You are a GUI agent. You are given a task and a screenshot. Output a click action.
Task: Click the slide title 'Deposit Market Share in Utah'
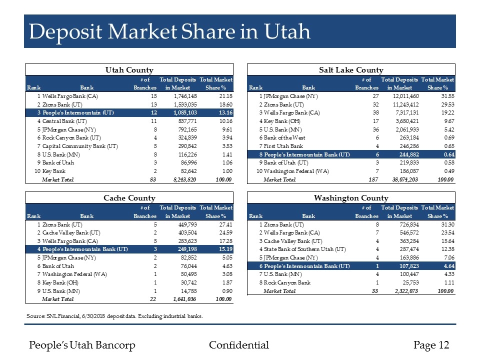click(x=169, y=32)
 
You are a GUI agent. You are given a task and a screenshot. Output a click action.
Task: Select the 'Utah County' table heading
click(x=128, y=70)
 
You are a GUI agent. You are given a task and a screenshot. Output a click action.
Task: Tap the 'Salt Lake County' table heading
click(x=351, y=70)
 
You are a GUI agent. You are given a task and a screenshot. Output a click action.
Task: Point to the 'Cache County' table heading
click(x=128, y=198)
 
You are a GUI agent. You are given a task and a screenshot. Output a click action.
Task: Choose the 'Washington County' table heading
click(x=351, y=198)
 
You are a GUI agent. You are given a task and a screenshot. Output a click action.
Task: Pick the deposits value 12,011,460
click(x=400, y=96)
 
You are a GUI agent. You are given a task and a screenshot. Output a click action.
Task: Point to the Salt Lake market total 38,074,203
click(x=400, y=179)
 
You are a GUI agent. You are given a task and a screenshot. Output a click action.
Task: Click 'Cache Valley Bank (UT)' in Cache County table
click(x=71, y=232)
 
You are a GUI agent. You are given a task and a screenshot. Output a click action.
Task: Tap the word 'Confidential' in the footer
click(x=239, y=345)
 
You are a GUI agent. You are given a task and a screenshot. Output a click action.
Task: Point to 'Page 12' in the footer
click(x=431, y=345)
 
